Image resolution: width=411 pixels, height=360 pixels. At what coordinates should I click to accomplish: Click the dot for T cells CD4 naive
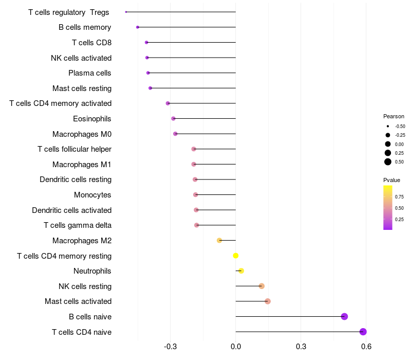(x=363, y=332)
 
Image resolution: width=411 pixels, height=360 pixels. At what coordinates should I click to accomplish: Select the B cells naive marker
(x=344, y=316)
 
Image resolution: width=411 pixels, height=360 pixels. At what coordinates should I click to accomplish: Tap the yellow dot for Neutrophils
(x=241, y=271)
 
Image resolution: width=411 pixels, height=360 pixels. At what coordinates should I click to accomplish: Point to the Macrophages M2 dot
(x=219, y=240)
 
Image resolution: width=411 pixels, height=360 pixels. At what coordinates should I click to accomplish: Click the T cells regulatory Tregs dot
(x=126, y=12)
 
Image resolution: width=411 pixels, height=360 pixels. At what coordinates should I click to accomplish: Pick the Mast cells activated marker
(x=268, y=301)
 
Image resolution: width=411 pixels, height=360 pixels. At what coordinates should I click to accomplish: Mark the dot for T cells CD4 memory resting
(x=236, y=256)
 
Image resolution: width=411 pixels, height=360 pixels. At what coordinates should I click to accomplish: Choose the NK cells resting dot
(x=261, y=286)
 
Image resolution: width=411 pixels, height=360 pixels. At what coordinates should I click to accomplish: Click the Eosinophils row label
(x=92, y=119)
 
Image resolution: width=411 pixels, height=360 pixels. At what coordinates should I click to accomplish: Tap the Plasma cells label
(x=90, y=73)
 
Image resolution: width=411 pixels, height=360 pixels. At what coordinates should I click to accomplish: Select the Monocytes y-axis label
(x=92, y=195)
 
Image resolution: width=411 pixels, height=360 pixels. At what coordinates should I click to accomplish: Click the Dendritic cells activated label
(x=71, y=210)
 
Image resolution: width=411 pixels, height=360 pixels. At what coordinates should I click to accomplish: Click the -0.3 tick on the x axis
(x=171, y=347)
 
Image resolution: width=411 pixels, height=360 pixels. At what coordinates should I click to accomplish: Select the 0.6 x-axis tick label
(x=366, y=347)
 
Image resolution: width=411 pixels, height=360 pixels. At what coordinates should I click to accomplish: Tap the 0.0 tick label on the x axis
(x=236, y=347)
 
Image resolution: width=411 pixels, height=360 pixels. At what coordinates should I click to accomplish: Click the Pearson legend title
(x=394, y=116)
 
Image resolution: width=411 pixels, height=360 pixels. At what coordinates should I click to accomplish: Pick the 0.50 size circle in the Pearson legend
(x=388, y=162)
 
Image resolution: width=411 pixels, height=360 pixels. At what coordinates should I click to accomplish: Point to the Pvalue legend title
(x=391, y=180)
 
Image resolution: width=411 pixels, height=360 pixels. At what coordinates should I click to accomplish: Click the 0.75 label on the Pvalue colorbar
(x=399, y=196)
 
